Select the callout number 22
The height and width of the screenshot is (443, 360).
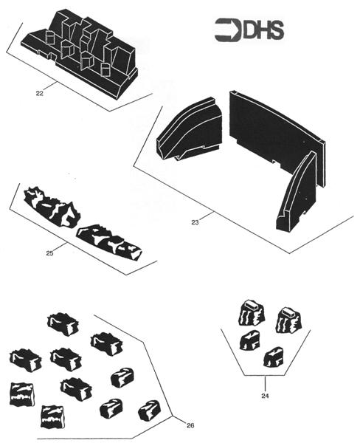tap(39, 93)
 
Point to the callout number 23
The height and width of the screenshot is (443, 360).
tap(195, 221)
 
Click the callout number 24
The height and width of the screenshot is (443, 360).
tap(265, 396)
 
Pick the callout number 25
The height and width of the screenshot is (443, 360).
tap(49, 253)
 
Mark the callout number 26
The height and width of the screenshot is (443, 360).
tap(190, 426)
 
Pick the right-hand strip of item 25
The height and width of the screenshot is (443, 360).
tap(110, 241)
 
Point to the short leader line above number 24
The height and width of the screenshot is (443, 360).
tap(265, 383)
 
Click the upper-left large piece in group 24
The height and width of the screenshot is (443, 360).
tap(251, 312)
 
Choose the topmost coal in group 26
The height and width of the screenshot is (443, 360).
tap(63, 323)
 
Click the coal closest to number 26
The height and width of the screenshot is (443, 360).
tap(149, 410)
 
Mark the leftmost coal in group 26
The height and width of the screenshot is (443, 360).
tap(24, 360)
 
